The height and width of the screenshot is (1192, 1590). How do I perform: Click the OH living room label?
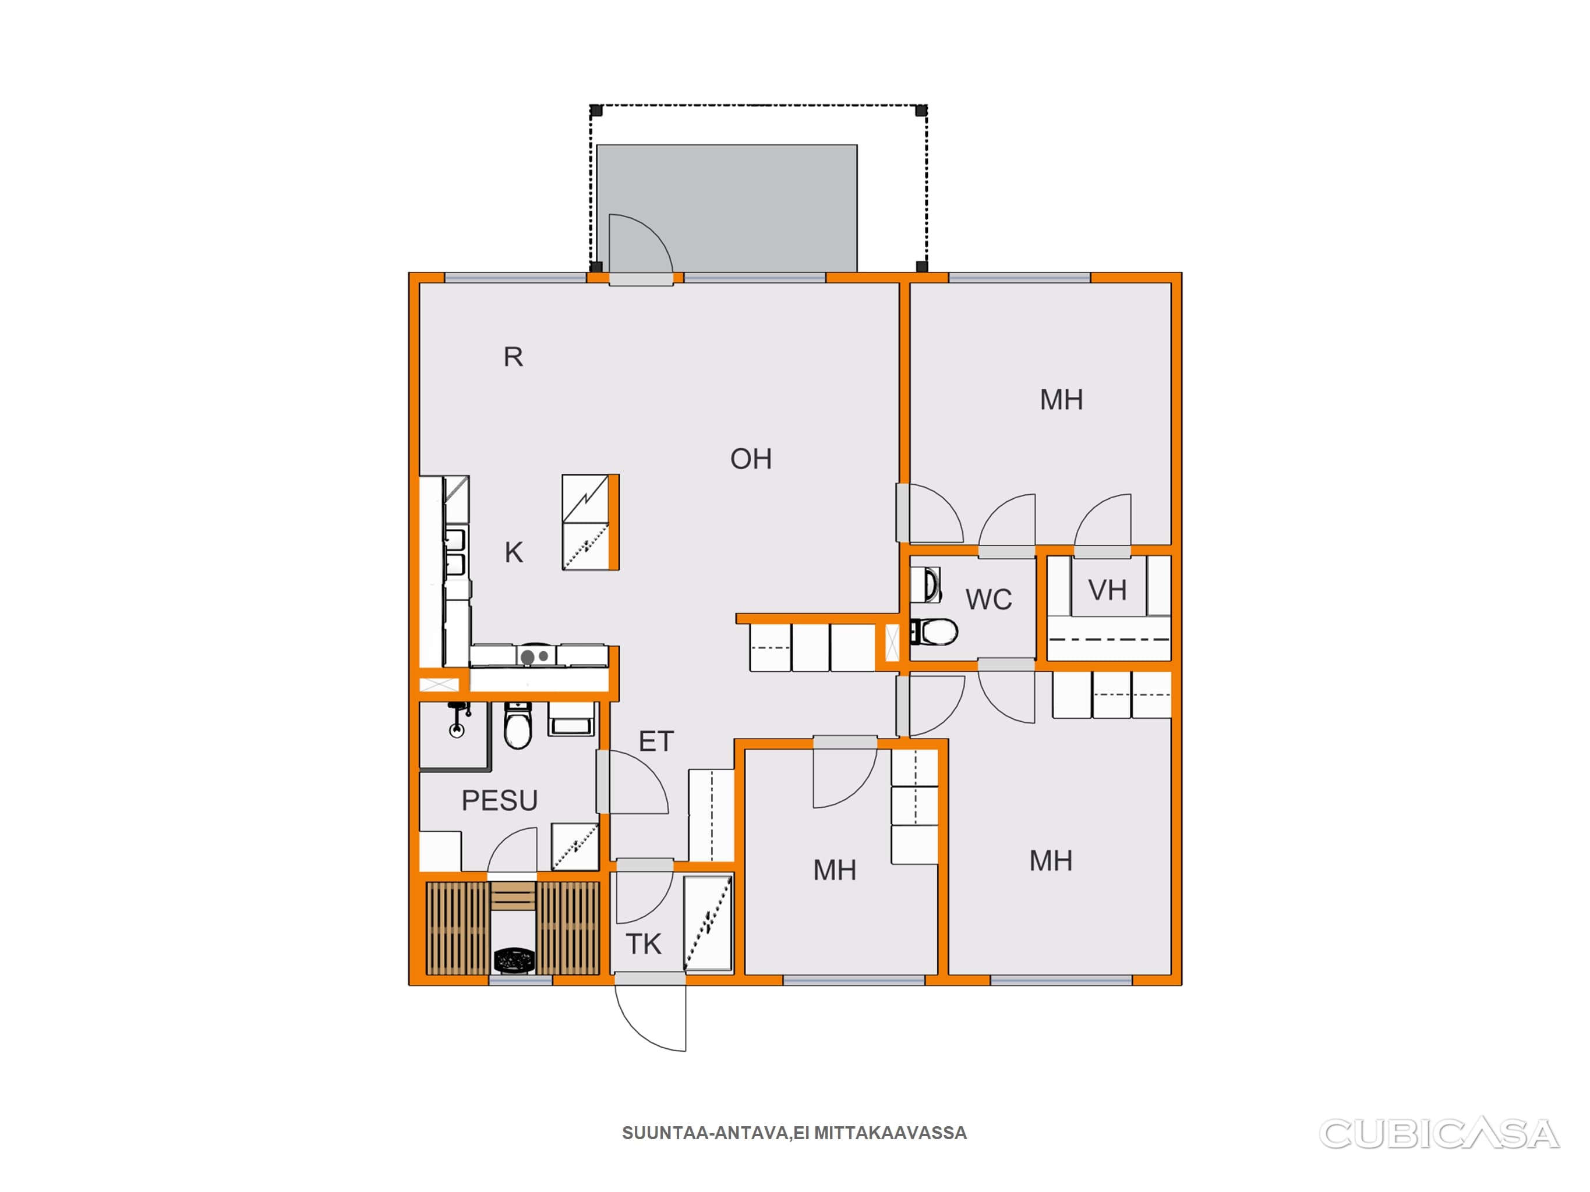[751, 459]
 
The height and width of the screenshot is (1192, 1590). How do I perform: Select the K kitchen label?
[514, 552]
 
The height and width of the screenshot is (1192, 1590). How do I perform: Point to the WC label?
[988, 600]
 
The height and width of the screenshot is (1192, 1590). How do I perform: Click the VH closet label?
[1107, 591]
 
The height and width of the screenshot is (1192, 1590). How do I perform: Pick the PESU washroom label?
[500, 800]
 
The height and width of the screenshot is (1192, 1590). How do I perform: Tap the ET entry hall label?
[656, 742]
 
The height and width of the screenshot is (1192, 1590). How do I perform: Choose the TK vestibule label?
[644, 944]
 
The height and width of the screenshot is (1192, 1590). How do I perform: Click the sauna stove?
[514, 960]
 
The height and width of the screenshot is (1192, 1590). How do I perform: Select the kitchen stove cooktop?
[535, 655]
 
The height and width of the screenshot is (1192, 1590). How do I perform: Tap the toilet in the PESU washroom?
[518, 726]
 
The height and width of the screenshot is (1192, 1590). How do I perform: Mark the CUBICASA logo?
[1439, 1134]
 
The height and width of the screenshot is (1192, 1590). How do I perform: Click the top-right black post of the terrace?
[921, 111]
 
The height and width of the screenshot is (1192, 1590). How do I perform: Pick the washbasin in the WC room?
[926, 585]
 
